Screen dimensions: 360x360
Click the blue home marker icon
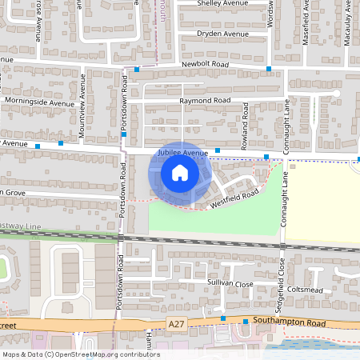180,172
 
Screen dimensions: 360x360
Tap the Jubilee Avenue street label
182,151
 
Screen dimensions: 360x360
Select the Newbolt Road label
205,63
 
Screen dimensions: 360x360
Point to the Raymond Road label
205,101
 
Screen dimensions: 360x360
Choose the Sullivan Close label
231,284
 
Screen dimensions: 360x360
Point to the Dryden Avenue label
225,34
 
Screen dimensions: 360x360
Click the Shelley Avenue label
224,3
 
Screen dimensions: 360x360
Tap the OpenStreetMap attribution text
81,354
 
